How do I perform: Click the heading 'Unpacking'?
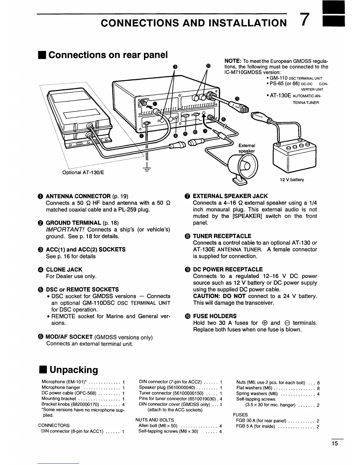74,370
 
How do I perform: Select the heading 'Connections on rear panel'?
108,55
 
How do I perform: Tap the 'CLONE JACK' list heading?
64,269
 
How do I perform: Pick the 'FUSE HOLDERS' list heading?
215,316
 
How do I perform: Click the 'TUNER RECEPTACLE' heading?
222,236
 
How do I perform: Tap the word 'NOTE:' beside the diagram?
233,61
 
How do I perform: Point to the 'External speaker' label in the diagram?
247,148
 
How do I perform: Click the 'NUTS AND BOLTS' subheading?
155,420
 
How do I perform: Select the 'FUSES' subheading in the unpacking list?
240,415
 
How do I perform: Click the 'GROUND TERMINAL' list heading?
74,223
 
